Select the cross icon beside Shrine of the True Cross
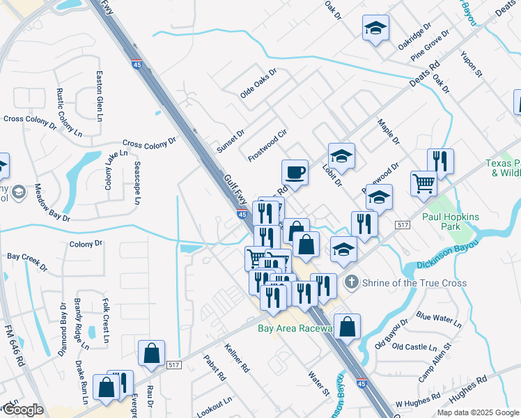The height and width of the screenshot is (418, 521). pyautogui.click(x=350, y=283)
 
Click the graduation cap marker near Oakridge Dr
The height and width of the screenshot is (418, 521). pyautogui.click(x=375, y=29)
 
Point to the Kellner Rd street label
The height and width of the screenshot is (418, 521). pyautogui.click(x=237, y=357)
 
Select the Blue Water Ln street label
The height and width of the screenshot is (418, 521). pyautogui.click(x=438, y=320)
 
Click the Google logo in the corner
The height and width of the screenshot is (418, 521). pyautogui.click(x=23, y=410)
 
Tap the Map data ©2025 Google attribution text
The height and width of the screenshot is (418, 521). pyautogui.click(x=477, y=412)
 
